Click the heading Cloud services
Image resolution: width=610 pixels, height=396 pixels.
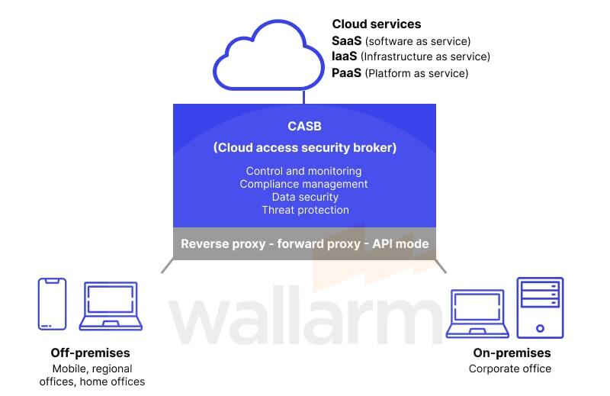click(x=376, y=24)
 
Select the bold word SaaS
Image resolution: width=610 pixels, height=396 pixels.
click(x=346, y=40)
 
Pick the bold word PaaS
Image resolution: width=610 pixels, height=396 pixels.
click(x=346, y=73)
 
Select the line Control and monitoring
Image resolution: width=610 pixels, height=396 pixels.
click(x=303, y=171)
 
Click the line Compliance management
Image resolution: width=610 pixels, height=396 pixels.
click(x=303, y=184)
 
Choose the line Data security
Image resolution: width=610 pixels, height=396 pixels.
click(x=303, y=197)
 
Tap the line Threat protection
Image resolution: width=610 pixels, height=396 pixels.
click(x=304, y=210)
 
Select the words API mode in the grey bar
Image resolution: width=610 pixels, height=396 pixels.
click(x=400, y=244)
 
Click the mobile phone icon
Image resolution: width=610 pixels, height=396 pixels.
click(x=52, y=304)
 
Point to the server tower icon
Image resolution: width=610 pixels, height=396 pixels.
click(x=540, y=307)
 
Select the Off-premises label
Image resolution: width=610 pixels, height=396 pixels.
click(x=90, y=353)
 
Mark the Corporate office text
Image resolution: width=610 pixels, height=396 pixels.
click(x=509, y=369)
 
